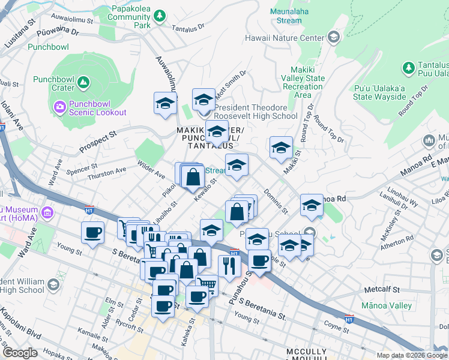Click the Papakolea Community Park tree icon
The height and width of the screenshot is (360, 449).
click(x=159, y=15)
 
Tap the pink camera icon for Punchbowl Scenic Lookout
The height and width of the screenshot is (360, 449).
click(x=59, y=107)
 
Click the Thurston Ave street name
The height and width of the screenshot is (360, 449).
click(x=107, y=171)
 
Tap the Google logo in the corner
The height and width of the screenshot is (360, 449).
click(x=20, y=353)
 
